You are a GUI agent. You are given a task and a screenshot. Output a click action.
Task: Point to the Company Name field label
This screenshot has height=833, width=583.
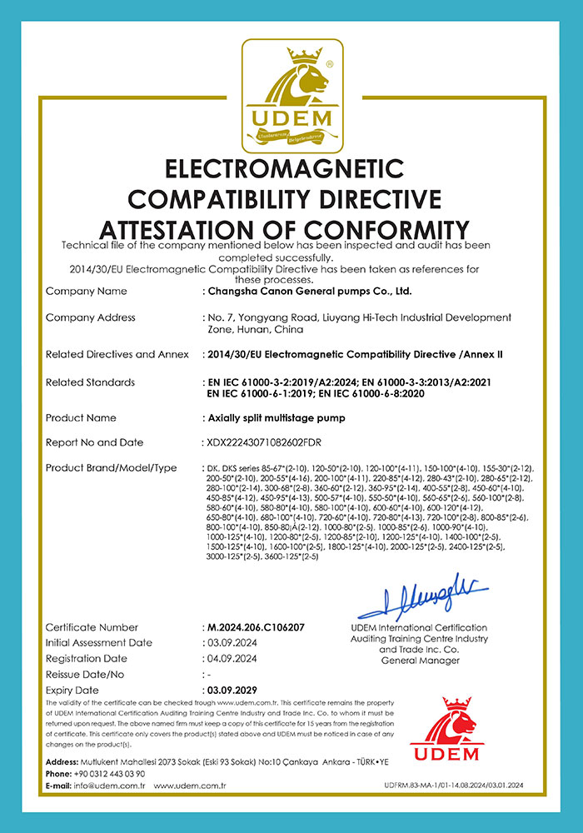click(87, 292)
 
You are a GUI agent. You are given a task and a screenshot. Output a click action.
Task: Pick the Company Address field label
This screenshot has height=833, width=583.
click(91, 317)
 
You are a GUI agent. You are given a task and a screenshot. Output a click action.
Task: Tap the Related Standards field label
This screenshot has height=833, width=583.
click(90, 382)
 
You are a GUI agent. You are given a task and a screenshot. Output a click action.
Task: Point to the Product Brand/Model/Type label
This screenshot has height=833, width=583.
click(112, 468)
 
